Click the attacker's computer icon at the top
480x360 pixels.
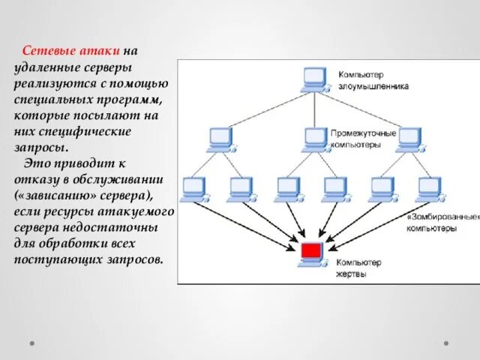(313, 79)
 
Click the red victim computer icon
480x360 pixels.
(310, 253)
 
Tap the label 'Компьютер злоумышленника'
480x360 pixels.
(373, 80)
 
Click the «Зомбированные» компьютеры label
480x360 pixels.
(442, 221)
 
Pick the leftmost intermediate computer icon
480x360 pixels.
(219, 137)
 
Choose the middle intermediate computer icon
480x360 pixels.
(315, 137)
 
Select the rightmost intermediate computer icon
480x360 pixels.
(408, 137)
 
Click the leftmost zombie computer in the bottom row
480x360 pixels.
(193, 187)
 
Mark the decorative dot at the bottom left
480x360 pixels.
(32, 343)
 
